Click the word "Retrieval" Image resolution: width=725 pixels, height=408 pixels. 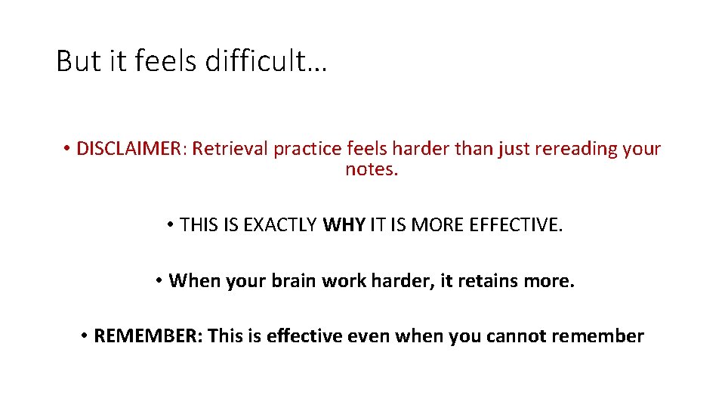coord(230,149)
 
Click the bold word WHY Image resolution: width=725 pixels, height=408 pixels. coord(344,225)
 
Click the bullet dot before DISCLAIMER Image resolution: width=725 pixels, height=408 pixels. coord(67,149)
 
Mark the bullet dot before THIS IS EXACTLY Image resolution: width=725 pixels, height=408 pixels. coord(171,225)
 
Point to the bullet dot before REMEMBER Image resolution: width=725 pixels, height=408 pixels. coord(85,336)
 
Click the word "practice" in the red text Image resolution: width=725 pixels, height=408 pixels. coord(310,149)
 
